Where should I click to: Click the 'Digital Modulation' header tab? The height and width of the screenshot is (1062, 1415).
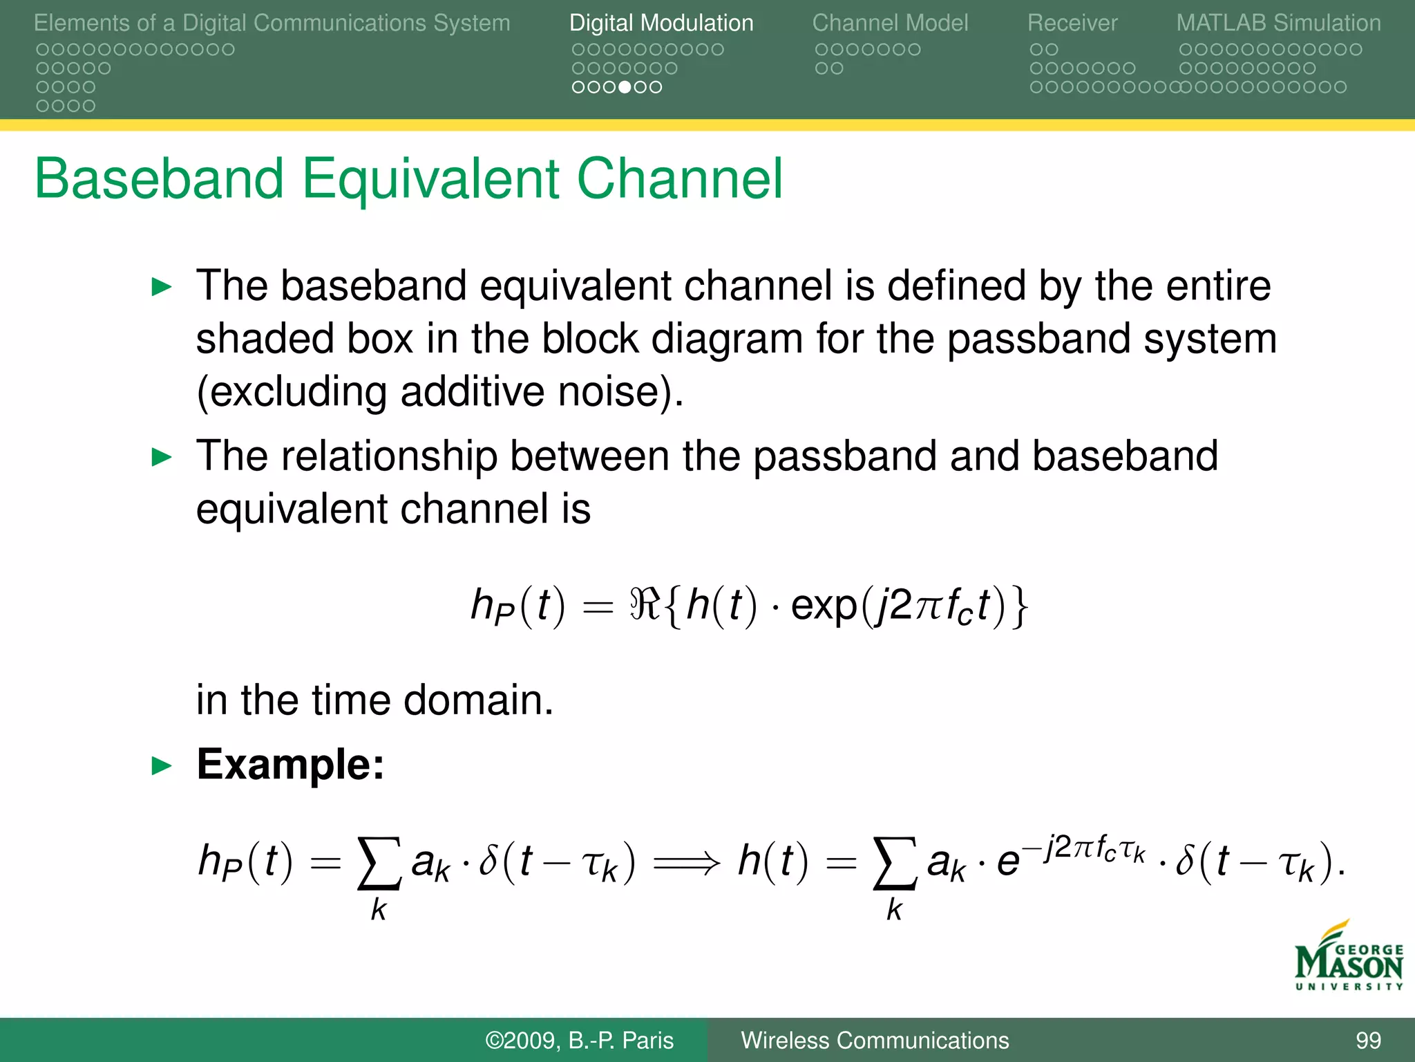pyautogui.click(x=661, y=24)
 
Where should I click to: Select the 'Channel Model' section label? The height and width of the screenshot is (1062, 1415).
pyautogui.click(x=890, y=24)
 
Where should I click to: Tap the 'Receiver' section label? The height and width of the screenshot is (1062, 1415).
pyautogui.click(x=1072, y=24)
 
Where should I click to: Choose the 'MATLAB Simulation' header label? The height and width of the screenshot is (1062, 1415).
pyautogui.click(x=1278, y=24)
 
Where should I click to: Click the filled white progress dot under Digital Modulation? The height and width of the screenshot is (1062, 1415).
pyautogui.click(x=625, y=87)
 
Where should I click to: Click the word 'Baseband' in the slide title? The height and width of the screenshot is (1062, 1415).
pyautogui.click(x=159, y=179)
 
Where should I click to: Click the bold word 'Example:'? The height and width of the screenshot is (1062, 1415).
pyautogui.click(x=290, y=765)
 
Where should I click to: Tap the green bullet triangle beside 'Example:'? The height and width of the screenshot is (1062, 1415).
pyautogui.click(x=161, y=766)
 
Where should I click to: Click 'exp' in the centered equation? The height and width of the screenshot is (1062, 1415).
pyautogui.click(x=824, y=606)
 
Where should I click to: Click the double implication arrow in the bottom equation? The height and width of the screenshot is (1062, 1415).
pyautogui.click(x=686, y=863)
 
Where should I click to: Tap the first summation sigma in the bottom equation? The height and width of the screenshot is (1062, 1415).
pyautogui.click(x=379, y=863)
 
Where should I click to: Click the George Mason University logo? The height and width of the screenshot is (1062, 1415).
pyautogui.click(x=1348, y=958)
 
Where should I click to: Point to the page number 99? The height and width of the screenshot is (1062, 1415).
pyautogui.click(x=1367, y=1041)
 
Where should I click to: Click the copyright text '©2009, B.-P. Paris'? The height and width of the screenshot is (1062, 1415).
pyautogui.click(x=579, y=1041)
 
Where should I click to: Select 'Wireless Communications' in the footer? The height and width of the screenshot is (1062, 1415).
pyautogui.click(x=875, y=1041)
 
